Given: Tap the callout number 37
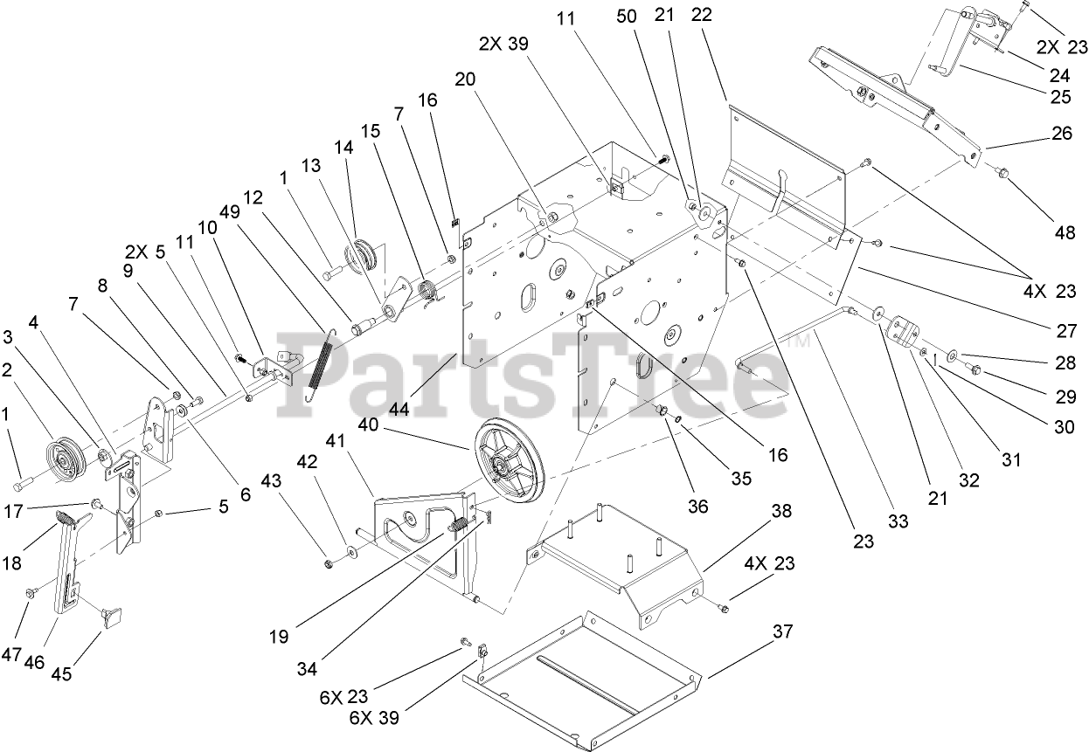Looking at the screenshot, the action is pos(783,631).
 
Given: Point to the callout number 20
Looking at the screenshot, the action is pos(465,79).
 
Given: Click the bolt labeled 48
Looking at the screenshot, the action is pos(1002,175).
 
